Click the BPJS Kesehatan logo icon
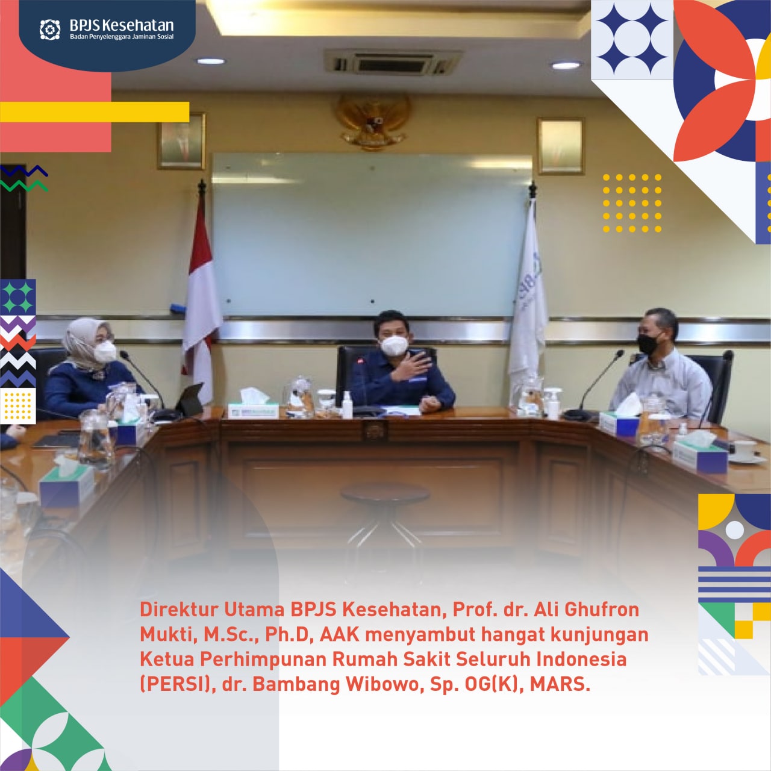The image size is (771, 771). tap(50, 30)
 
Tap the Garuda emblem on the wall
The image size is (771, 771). tap(373, 121)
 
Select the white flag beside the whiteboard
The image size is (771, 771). tap(528, 295)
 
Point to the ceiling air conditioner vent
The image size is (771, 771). tap(392, 63)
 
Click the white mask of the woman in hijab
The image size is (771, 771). tap(105, 351)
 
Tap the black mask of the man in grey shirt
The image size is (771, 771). tap(649, 344)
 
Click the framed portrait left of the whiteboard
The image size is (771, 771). tap(181, 141)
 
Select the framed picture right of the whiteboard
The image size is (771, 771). tap(561, 146)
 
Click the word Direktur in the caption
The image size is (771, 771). tap(178, 610)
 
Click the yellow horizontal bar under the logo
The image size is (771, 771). tap(95, 111)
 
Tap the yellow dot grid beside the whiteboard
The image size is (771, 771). tap(632, 203)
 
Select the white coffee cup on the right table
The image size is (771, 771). tap(745, 450)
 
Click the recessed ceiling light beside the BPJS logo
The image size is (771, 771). tap(210, 61)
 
